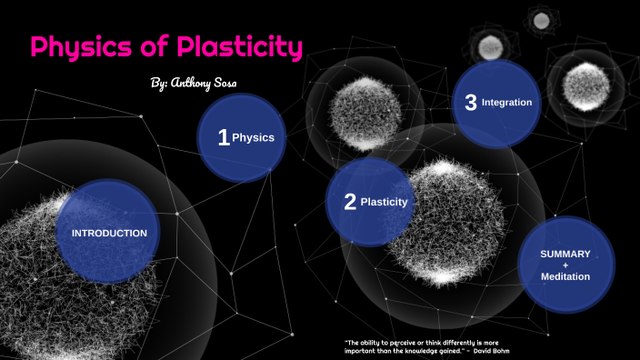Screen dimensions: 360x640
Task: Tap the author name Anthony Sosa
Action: [x=208, y=83]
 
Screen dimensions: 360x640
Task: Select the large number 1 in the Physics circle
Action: [x=223, y=137]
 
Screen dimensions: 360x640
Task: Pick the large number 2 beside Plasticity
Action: [x=350, y=202]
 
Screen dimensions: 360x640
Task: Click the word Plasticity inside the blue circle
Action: [x=384, y=202]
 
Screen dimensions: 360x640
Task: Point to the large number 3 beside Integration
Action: [x=470, y=103]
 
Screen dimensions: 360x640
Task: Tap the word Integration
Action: [x=506, y=103]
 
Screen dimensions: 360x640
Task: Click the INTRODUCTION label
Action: [x=109, y=233]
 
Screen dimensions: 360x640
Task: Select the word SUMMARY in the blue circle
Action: [x=565, y=254]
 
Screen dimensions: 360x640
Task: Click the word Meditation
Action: [x=565, y=276]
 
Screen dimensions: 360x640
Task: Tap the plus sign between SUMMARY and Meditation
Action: [x=565, y=265]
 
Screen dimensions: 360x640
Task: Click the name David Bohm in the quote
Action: [x=498, y=350]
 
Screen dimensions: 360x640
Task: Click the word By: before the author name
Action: [x=158, y=83]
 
